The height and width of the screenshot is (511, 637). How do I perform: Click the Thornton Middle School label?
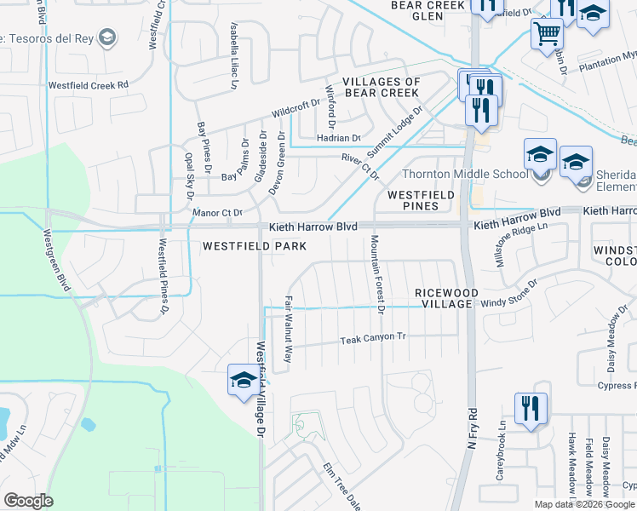[465, 175]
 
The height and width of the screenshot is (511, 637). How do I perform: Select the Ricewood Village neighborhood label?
[444, 298]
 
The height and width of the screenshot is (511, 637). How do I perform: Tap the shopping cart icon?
[548, 36]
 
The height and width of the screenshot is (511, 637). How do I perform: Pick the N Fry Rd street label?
[473, 439]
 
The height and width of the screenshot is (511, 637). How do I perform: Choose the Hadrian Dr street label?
[339, 137]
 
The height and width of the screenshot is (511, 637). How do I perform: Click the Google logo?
[28, 501]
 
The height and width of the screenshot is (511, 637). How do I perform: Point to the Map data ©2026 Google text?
[585, 504]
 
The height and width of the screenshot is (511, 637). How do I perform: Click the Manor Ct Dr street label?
[218, 212]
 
